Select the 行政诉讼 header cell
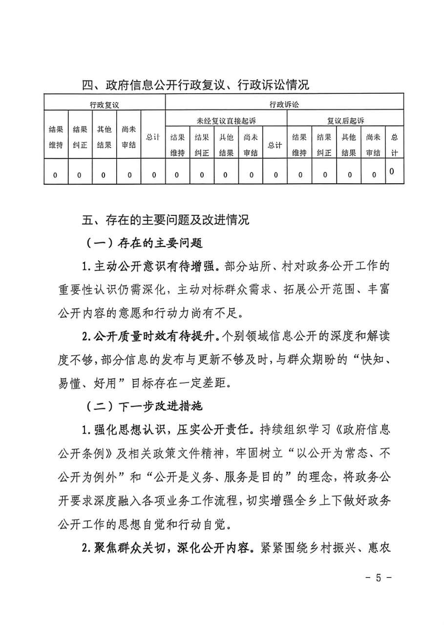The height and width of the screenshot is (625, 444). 284,104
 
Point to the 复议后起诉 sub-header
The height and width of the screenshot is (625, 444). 345,120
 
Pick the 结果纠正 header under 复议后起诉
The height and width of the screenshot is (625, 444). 325,145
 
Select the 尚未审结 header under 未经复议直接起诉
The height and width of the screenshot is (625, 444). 251,145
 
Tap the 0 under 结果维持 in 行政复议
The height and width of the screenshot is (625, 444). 55,174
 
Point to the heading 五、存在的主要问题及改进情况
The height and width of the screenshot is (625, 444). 166,220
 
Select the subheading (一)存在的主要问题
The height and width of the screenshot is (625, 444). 144,243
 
